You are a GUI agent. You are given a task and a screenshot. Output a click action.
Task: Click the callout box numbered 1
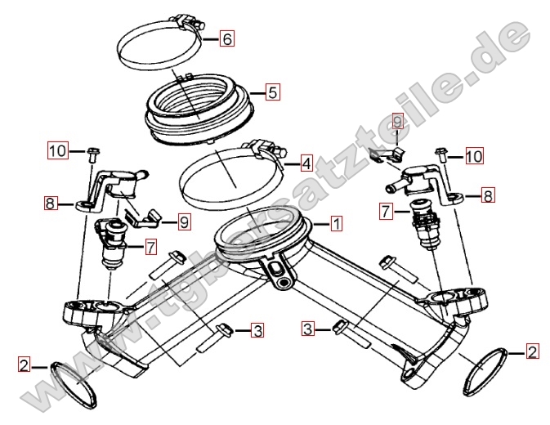336,223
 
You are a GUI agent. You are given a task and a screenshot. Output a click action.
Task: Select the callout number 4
306,163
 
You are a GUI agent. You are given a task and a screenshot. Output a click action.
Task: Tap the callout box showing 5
272,92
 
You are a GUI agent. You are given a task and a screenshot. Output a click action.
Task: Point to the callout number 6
227,38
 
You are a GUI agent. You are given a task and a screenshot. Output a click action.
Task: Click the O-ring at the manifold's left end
74,383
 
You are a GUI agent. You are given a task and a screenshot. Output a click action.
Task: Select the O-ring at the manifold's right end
486,372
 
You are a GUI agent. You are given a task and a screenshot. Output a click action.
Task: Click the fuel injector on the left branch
110,243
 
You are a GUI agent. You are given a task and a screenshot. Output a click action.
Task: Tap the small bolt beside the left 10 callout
93,154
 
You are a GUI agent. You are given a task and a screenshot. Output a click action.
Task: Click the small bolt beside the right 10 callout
442,155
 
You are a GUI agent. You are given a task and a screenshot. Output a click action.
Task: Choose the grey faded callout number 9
396,122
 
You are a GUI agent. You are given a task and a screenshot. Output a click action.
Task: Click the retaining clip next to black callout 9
143,217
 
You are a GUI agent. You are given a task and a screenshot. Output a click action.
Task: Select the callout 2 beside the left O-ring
24,365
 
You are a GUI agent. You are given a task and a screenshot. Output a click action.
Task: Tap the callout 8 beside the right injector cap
488,195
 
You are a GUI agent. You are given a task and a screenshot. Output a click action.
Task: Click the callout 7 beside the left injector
151,247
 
